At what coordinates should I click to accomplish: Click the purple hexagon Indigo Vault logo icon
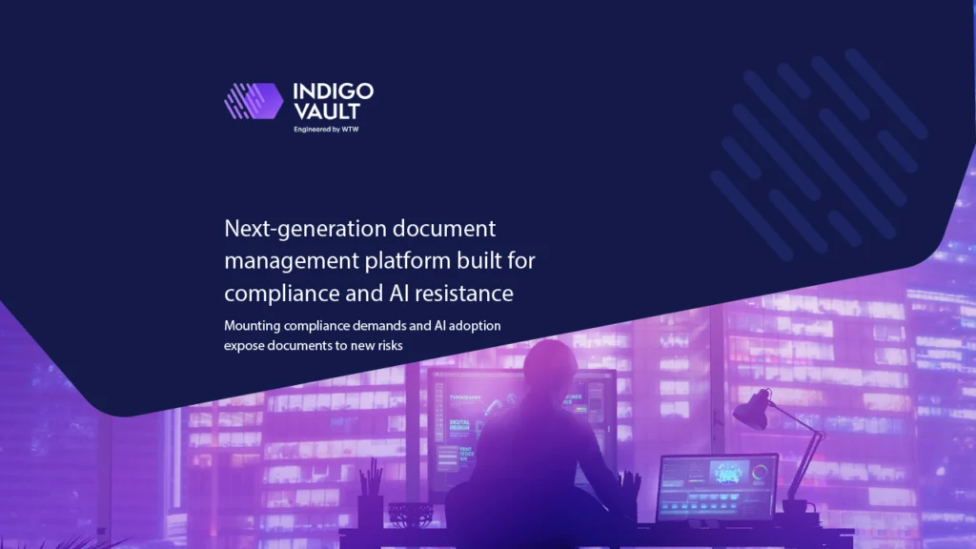point(254,100)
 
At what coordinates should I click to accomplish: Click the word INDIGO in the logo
point(333,91)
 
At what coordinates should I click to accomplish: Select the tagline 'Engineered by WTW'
point(326,129)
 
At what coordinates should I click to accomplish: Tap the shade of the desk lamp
point(751,412)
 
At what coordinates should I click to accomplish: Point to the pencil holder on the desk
point(370,509)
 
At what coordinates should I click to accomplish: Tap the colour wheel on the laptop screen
point(760,471)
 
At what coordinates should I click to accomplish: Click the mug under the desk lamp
point(793,508)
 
